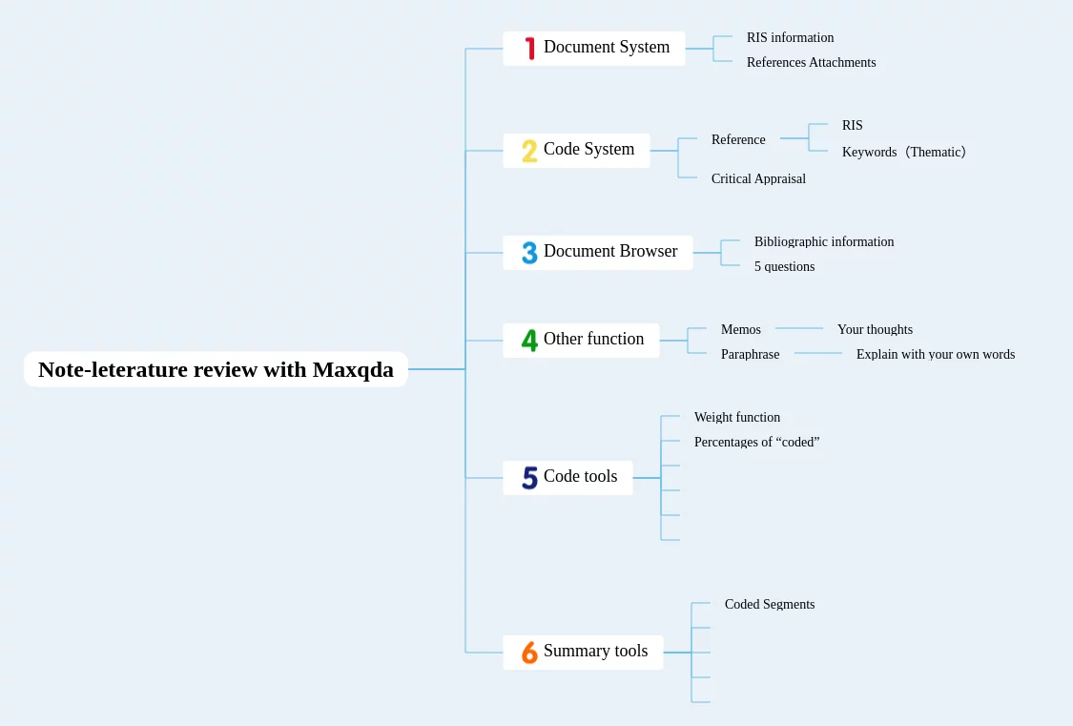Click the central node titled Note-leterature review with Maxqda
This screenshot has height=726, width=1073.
[216, 369]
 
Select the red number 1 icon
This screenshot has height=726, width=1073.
[529, 49]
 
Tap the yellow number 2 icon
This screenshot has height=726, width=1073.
[529, 151]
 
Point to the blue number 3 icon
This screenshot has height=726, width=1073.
[529, 253]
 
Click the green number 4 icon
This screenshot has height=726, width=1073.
[529, 340]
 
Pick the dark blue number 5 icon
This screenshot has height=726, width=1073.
[529, 478]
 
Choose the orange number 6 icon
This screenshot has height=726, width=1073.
[529, 653]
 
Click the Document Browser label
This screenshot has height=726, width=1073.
[610, 251]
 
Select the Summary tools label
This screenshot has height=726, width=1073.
[595, 651]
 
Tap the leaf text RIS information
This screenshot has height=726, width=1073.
[791, 37]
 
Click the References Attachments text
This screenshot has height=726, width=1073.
[811, 62]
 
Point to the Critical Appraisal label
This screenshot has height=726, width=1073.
[758, 178]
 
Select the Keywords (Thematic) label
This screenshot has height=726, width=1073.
[904, 152]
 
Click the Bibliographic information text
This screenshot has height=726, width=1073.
[824, 241]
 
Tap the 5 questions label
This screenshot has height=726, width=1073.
[784, 266]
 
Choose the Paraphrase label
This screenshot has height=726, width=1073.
[750, 355]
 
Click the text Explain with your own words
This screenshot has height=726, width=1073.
[936, 355]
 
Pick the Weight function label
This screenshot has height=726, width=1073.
[737, 418]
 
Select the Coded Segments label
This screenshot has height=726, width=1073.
[770, 604]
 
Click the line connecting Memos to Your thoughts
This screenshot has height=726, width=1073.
[799, 328]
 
